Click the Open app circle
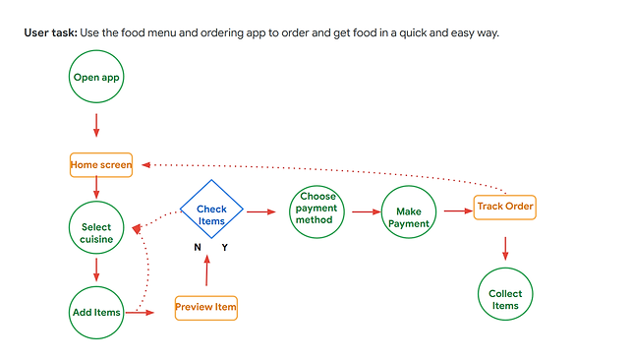[x=96, y=76]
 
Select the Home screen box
[x=100, y=165]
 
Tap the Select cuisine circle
[x=96, y=233]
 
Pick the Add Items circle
[x=96, y=312]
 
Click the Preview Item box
[x=205, y=308]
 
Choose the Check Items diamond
[x=211, y=213]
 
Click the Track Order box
[x=504, y=207]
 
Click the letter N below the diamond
[x=198, y=248]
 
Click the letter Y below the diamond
[x=224, y=248]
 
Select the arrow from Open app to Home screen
[x=96, y=126]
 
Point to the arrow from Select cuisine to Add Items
[x=96, y=270]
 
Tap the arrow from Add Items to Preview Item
[x=142, y=313]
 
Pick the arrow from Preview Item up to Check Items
[x=206, y=270]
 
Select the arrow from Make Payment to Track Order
[x=457, y=210]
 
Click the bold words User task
[x=49, y=33]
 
